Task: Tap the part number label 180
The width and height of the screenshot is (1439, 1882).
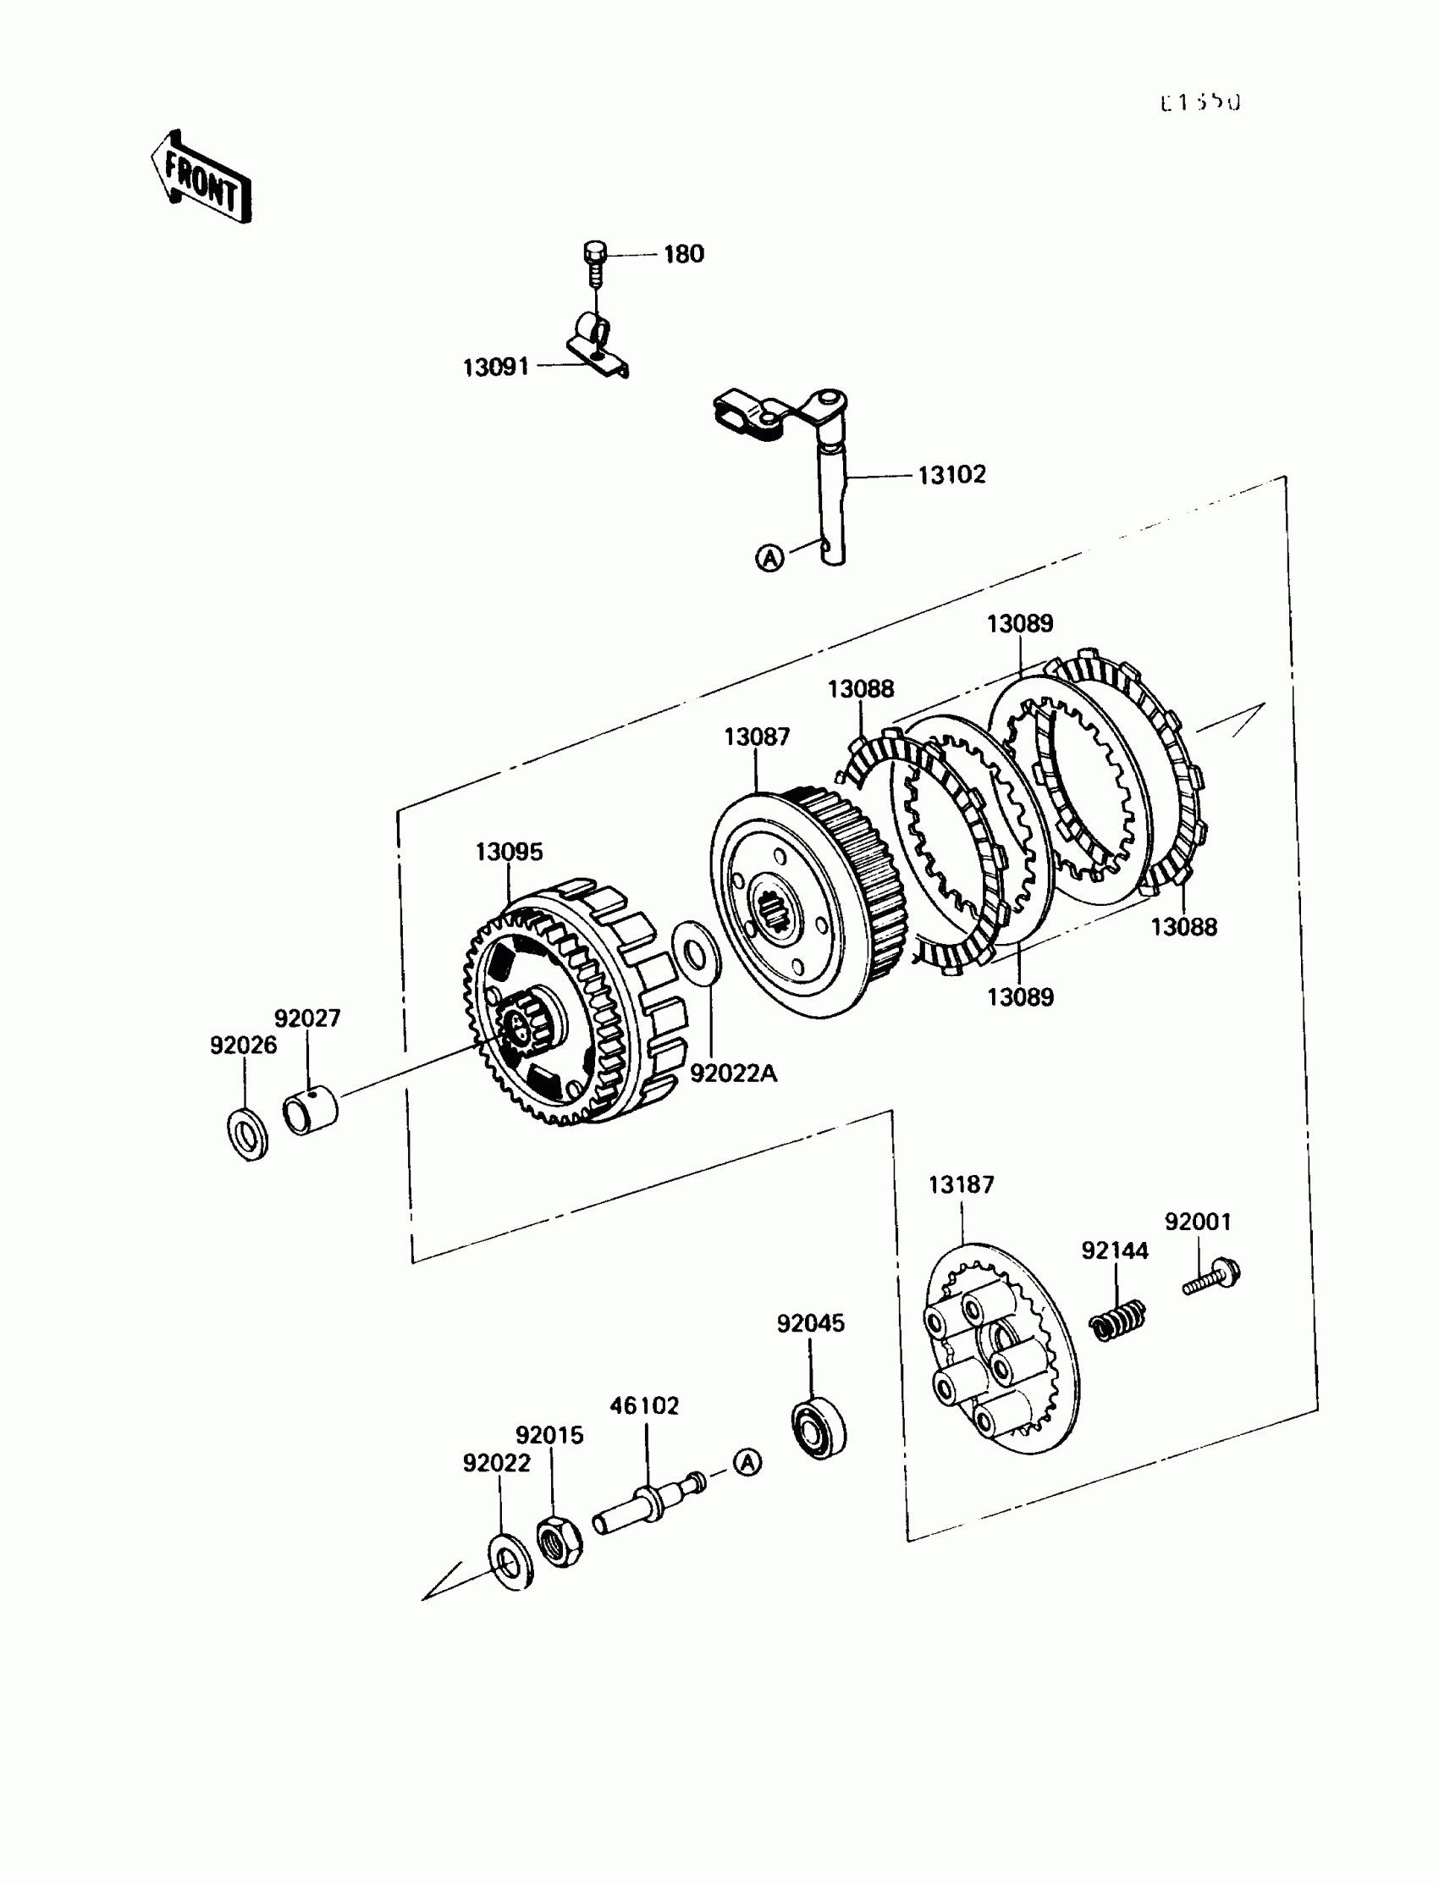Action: (x=684, y=254)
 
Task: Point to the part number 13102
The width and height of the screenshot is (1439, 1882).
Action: (x=951, y=475)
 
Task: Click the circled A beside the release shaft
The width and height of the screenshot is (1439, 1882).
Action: (x=770, y=559)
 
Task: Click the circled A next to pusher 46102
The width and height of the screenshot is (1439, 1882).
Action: (x=747, y=1462)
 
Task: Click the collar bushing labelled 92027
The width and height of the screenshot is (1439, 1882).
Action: (x=310, y=1110)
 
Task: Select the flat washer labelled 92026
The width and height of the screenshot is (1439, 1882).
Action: (x=247, y=1135)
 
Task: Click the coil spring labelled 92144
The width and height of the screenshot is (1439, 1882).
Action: (x=1118, y=1320)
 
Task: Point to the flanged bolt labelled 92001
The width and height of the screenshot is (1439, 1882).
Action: (x=1214, y=1279)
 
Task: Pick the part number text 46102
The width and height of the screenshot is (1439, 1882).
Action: (x=644, y=1405)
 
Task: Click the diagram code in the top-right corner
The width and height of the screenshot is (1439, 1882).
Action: (x=1199, y=102)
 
